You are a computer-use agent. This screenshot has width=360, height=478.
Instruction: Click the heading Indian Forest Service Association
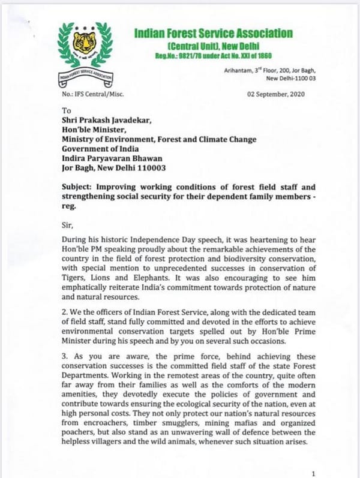pyautogui.click(x=214, y=34)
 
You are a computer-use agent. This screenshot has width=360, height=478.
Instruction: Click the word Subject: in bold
pyautogui.click(x=82, y=187)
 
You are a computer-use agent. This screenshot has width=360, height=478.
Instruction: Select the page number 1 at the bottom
pyautogui.click(x=313, y=473)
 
